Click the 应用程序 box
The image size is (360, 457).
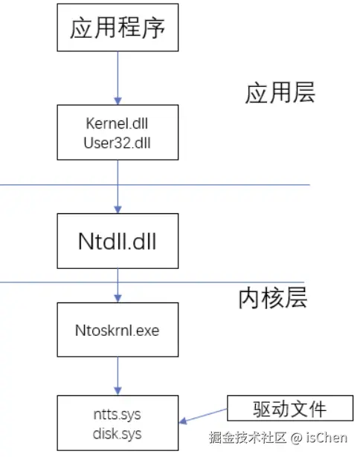(x=118, y=29)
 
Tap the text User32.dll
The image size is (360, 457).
(x=118, y=143)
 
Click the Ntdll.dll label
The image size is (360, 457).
(x=118, y=242)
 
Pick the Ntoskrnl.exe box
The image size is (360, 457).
(x=118, y=330)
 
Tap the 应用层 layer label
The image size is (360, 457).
(x=280, y=93)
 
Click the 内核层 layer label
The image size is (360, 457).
(x=272, y=297)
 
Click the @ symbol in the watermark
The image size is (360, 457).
(x=295, y=438)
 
